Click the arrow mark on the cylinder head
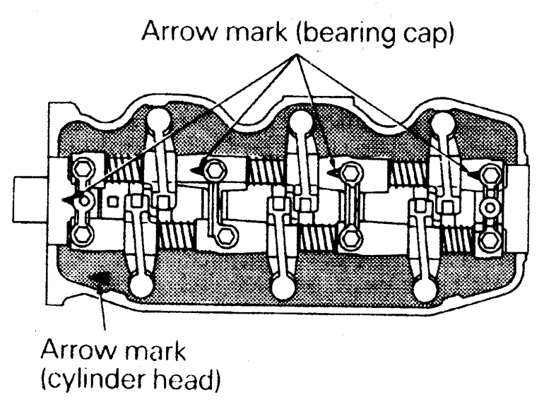(x=102, y=280)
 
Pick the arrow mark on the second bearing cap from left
(x=203, y=168)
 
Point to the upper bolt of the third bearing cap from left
(x=348, y=171)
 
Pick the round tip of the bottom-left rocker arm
(x=141, y=286)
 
